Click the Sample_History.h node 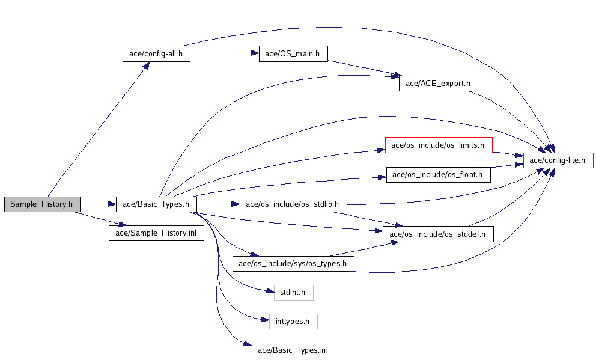pos(42,204)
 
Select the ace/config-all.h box pos(156,53)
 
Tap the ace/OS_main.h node pos(293,53)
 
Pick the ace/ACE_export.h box pos(438,84)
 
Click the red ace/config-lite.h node pos(558,160)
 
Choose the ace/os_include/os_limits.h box pos(439,145)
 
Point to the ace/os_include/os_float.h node pos(438,174)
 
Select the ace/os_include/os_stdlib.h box pos(293,204)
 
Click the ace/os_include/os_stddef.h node pos(438,234)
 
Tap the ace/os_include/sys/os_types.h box pos(293,263)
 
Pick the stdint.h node pos(293,292)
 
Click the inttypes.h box pos(293,321)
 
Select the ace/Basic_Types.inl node pos(293,350)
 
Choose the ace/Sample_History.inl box pos(156,233)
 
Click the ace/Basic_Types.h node pos(156,204)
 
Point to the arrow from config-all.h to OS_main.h pos(225,53)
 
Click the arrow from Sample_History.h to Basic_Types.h pos(98,204)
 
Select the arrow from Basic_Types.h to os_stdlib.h pos(218,204)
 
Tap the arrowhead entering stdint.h pos(270,291)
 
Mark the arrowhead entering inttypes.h pos(266,320)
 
